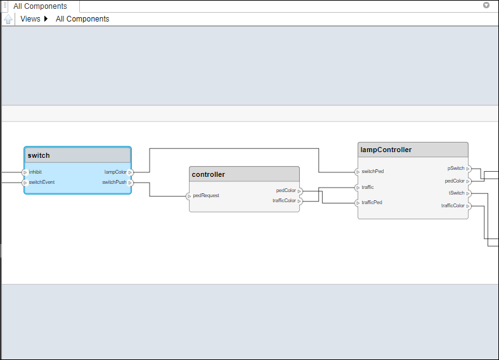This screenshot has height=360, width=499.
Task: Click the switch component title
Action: pyautogui.click(x=39, y=155)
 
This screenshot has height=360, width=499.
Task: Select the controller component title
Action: pyautogui.click(x=208, y=174)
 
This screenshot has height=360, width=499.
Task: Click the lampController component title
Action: pyautogui.click(x=386, y=150)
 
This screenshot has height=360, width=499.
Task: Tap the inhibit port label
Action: pyautogui.click(x=36, y=172)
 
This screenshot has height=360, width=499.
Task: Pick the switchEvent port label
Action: pyautogui.click(x=41, y=183)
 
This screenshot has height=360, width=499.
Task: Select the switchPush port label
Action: pyautogui.click(x=115, y=183)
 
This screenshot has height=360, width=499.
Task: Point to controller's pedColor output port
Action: pyautogui.click(x=300, y=191)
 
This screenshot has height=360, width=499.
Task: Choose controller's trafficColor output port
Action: pyautogui.click(x=300, y=201)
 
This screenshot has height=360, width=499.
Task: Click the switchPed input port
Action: pyautogui.click(x=358, y=172)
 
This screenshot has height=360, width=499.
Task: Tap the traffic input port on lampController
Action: pyautogui.click(x=358, y=188)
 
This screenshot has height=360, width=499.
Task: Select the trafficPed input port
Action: pyautogui.click(x=358, y=203)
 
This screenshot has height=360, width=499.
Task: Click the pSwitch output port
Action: pyautogui.click(x=469, y=169)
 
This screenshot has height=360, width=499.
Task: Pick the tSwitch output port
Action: pyautogui.click(x=469, y=193)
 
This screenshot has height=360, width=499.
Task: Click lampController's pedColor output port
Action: pyautogui.click(x=469, y=181)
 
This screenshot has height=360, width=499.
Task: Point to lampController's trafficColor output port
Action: pyautogui.click(x=469, y=206)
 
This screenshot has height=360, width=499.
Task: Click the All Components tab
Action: pyautogui.click(x=40, y=6)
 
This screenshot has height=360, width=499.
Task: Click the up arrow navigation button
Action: pyautogui.click(x=8, y=19)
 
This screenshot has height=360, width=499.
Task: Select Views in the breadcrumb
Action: pyautogui.click(x=30, y=19)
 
